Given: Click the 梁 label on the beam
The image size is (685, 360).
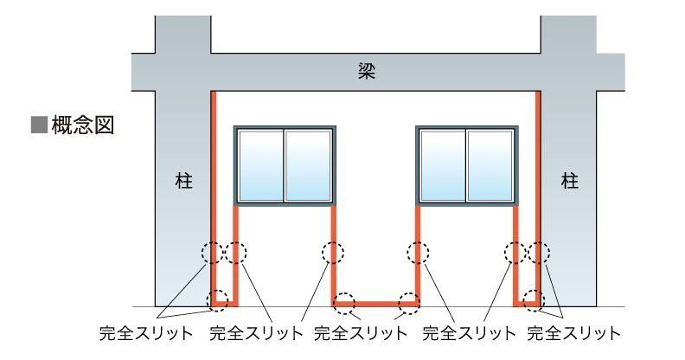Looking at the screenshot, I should tap(366, 71).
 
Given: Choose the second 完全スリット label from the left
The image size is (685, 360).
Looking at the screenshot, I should tap(257, 332).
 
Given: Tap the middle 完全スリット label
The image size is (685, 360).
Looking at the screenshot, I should tap(360, 332).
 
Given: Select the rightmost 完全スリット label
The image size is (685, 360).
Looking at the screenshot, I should tap(573, 332).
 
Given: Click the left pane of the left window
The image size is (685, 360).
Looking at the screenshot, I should tap(260, 165).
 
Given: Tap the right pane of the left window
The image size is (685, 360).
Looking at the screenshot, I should tap(309, 165).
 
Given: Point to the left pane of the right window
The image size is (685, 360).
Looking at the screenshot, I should tap(442, 165).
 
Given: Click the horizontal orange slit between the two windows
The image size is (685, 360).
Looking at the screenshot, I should tap(375, 304).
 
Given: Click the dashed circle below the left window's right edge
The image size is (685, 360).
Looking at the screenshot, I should tap(333, 253).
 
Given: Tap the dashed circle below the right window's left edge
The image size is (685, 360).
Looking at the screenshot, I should tap(419, 253).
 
